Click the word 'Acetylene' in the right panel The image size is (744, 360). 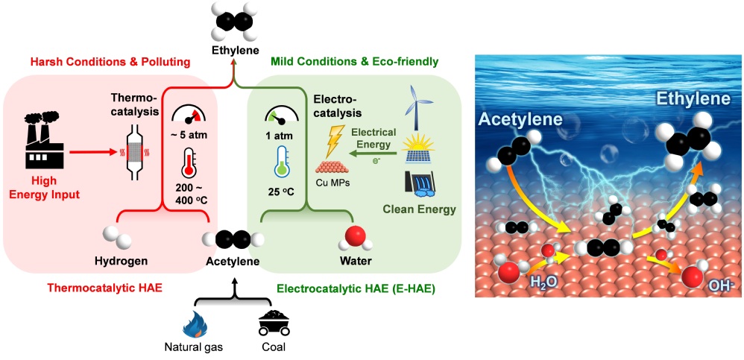tap(521, 119)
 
